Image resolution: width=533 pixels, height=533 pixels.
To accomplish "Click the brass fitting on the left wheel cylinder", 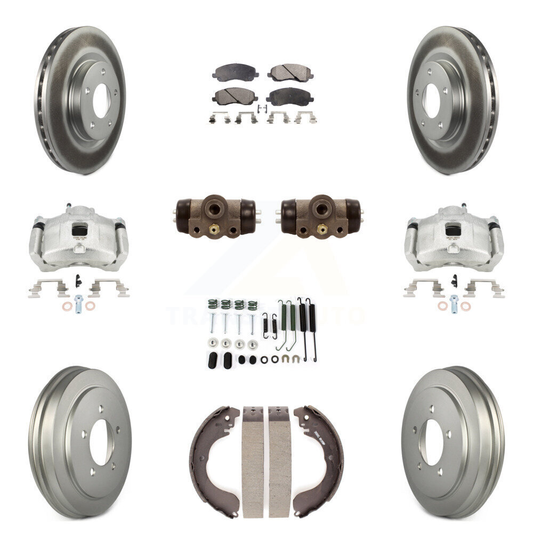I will click(213, 230).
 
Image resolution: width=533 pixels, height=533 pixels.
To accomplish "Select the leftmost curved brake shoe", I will click(210, 442).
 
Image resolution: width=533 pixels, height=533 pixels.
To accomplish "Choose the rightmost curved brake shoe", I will click(323, 442).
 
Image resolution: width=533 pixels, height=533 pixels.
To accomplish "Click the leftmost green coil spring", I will click(212, 305).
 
